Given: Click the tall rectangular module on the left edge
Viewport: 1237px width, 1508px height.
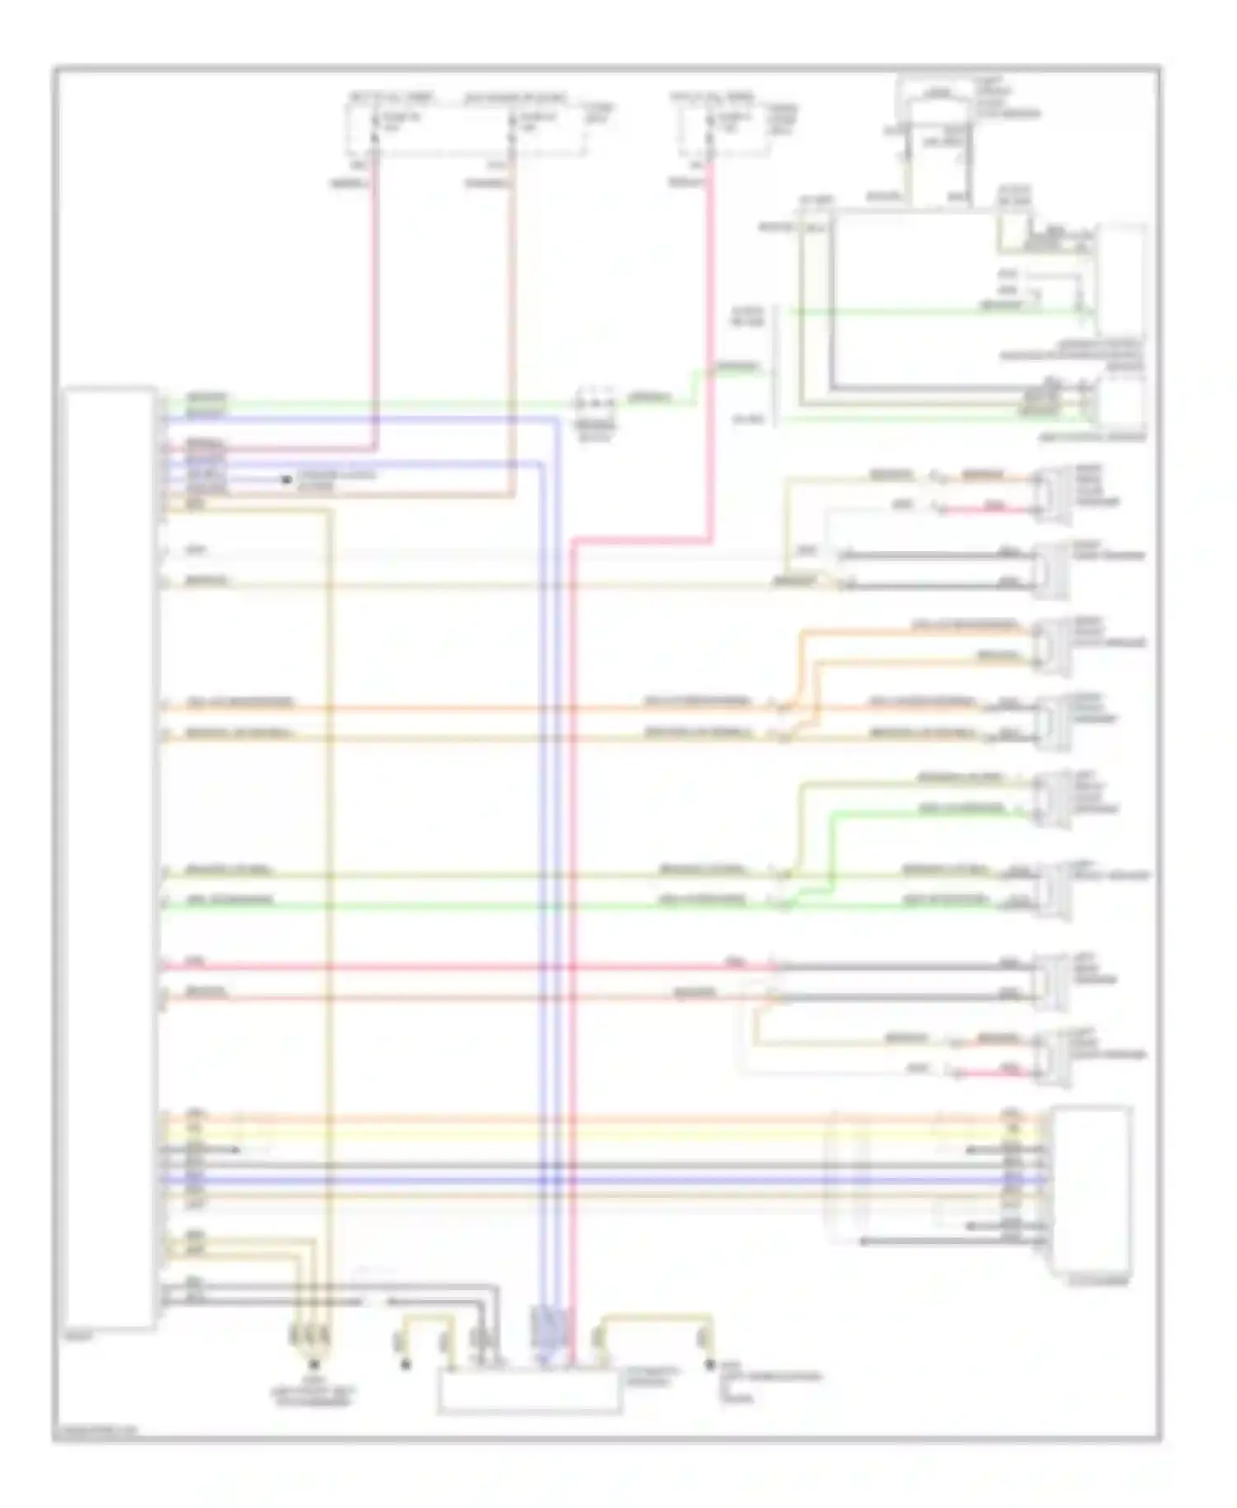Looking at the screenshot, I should pyautogui.click(x=110, y=858).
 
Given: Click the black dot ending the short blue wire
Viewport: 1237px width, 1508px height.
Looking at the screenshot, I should pyautogui.click(x=286, y=479).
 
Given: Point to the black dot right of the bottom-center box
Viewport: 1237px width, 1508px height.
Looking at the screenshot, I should pyautogui.click(x=708, y=1365).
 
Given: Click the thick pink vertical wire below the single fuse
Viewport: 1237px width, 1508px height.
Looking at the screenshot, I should pyautogui.click(x=708, y=346).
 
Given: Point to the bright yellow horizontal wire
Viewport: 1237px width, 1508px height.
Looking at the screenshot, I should pyautogui.click(x=577, y=1135).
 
